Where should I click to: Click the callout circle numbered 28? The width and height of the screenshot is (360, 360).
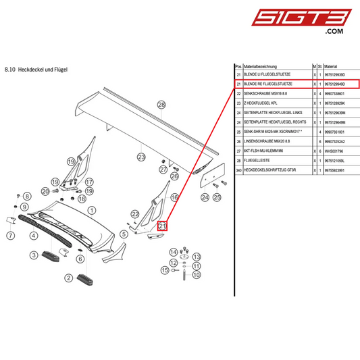point(161,105)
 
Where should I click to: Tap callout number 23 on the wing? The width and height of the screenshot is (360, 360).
point(142,157)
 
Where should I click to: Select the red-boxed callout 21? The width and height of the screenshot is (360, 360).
point(162,226)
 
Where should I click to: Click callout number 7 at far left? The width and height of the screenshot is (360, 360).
point(11,236)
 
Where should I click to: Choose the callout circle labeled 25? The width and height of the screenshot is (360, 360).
point(217,198)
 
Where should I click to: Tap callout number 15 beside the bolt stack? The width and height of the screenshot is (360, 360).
point(164,269)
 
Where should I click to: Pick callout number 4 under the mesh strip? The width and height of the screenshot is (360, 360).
point(33,236)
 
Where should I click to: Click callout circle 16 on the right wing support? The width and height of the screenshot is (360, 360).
point(174,197)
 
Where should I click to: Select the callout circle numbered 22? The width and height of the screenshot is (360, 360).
point(135,214)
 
